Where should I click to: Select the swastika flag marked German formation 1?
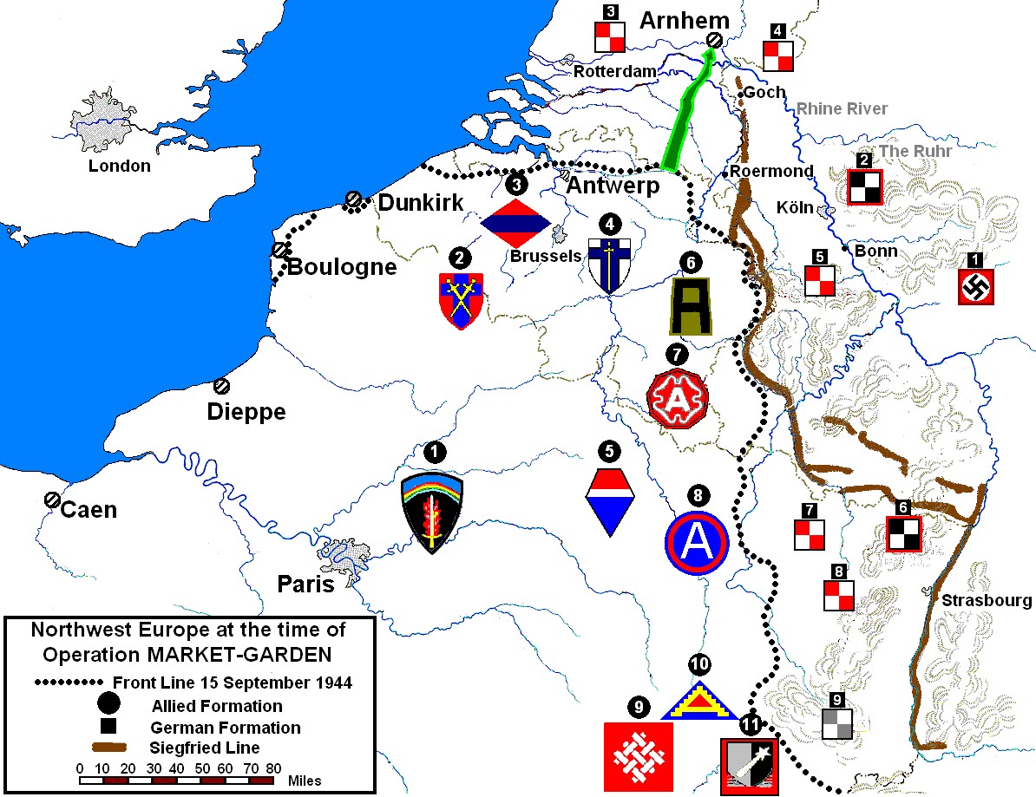[x=975, y=286]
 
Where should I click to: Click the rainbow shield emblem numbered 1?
[x=432, y=513]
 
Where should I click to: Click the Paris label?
[x=305, y=585]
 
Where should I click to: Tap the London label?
[x=120, y=166]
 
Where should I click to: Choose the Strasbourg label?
[x=987, y=600]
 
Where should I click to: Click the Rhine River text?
[x=842, y=108]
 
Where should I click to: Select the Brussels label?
[x=545, y=256]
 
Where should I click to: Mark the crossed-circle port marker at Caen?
[x=51, y=500]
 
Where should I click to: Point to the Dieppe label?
[x=246, y=412]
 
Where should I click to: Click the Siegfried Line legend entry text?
[x=205, y=748]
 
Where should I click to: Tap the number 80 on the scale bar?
[x=273, y=768]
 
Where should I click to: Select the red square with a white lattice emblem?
[x=638, y=756]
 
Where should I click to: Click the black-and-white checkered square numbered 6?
[x=903, y=534]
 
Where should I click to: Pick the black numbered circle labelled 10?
[x=698, y=665]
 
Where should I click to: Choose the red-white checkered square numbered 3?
[x=609, y=36]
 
